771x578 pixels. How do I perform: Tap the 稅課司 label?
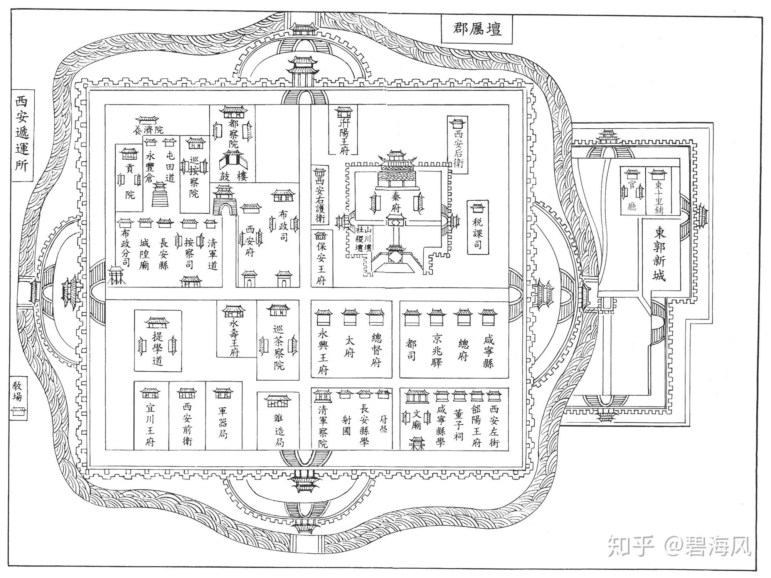(478, 234)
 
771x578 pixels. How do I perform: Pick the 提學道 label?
(157, 348)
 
